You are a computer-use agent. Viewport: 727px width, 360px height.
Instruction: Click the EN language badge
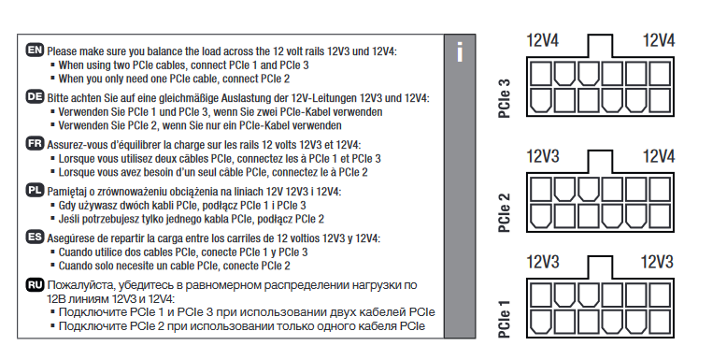pos(36,50)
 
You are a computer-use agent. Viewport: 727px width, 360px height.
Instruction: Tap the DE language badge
pos(36,97)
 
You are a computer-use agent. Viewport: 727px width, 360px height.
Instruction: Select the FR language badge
pos(36,144)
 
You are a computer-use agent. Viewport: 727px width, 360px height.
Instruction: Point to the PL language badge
pos(36,191)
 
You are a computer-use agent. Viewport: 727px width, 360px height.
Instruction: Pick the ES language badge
pos(36,238)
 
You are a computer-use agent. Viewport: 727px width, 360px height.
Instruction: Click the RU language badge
pos(36,284)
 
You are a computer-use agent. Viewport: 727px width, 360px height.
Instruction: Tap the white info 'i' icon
pos(460,52)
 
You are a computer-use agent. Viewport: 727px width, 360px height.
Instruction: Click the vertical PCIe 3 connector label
pos(505,98)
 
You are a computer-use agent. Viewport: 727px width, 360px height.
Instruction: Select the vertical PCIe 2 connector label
pos(505,212)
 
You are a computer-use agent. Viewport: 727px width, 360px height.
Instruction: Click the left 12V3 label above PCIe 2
pos(543,156)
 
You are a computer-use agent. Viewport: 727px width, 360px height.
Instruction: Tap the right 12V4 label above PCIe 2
pos(658,156)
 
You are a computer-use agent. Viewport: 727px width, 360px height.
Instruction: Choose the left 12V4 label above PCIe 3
pos(543,40)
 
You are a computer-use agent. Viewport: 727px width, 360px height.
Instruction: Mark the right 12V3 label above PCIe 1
pos(657,262)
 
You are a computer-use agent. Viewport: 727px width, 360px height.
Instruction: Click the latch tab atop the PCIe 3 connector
pos(600,46)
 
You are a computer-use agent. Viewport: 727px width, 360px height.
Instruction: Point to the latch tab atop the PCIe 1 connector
pos(600,266)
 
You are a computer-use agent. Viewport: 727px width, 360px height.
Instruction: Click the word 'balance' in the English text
pos(168,51)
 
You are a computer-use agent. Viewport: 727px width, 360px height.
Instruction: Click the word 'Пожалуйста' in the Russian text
pos(76,285)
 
